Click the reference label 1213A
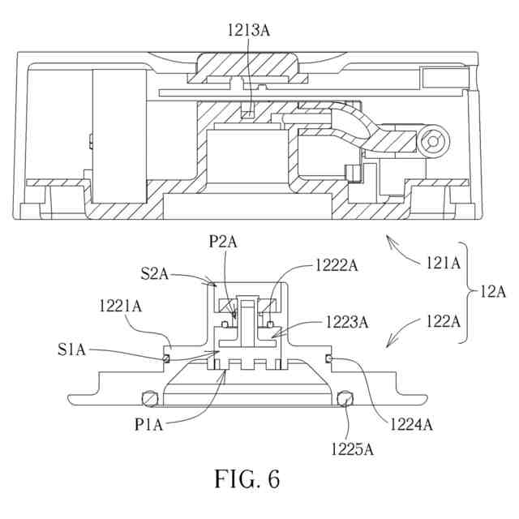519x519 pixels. [x=249, y=30]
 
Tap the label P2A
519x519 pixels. [x=223, y=242]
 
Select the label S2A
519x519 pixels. [x=155, y=274]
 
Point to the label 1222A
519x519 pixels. [x=337, y=265]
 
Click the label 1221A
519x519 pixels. [x=121, y=306]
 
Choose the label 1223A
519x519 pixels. [x=347, y=322]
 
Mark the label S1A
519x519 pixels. [x=71, y=350]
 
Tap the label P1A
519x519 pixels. [x=149, y=424]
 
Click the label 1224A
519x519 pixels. [x=411, y=424]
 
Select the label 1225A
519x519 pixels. [x=353, y=449]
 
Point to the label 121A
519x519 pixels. [x=443, y=263]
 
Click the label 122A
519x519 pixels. [x=443, y=321]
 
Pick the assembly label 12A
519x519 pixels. [x=493, y=292]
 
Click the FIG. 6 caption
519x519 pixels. [x=247, y=478]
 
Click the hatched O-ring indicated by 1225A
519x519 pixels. [x=345, y=398]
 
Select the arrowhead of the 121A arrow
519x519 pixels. [x=390, y=239]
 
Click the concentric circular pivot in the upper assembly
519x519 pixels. [x=433, y=141]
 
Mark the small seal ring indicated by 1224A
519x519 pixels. [x=329, y=358]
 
